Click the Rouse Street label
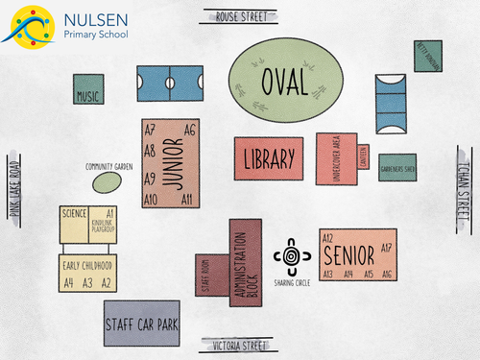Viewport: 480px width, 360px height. pyautogui.click(x=239, y=16)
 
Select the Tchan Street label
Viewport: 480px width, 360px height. pyautogui.click(x=464, y=183)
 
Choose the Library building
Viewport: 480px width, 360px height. pyautogui.click(x=268, y=158)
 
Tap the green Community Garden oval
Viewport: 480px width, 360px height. pyautogui.click(x=108, y=179)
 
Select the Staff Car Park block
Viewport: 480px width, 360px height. pyautogui.click(x=142, y=324)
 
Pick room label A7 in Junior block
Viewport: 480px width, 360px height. pyautogui.click(x=150, y=130)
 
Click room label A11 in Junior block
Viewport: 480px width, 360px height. pyautogui.click(x=187, y=199)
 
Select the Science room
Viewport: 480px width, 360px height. pyautogui.click(x=74, y=213)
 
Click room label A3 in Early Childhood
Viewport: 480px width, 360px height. pyautogui.click(x=87, y=282)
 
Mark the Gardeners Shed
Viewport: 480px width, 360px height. pyautogui.click(x=396, y=167)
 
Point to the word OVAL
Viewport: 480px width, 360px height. pyautogui.click(x=285, y=81)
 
